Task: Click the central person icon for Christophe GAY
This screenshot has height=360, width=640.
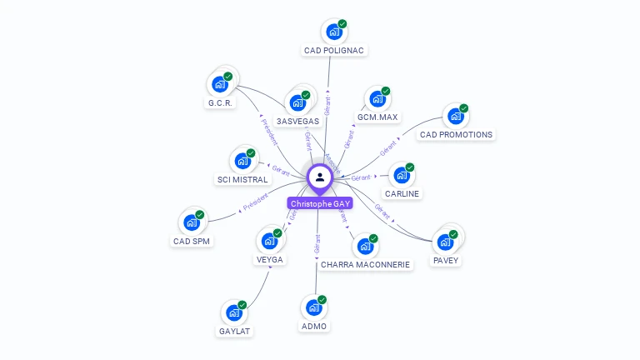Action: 320,177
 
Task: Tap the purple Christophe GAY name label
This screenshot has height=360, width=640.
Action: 320,203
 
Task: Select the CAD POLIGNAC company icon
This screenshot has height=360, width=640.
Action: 334,32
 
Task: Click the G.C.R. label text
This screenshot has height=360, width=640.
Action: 220,103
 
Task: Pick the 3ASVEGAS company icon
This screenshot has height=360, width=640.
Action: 297,103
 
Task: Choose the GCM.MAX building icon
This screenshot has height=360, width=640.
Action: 377,99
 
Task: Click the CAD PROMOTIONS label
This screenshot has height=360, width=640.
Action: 456,134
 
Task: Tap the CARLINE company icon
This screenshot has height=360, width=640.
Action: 402,176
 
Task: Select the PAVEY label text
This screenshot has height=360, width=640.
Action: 446,260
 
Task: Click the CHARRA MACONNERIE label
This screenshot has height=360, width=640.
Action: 365,264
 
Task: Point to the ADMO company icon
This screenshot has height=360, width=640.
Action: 314,307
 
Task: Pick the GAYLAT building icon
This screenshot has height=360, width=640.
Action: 234,313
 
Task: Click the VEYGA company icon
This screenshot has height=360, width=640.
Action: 269,242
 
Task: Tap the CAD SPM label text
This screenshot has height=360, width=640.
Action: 192,241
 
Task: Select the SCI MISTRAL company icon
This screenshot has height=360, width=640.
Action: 242,159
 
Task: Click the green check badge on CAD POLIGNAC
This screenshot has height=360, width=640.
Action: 342,24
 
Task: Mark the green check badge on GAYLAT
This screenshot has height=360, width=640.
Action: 242,304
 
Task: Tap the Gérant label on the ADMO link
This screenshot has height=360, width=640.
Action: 317,242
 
